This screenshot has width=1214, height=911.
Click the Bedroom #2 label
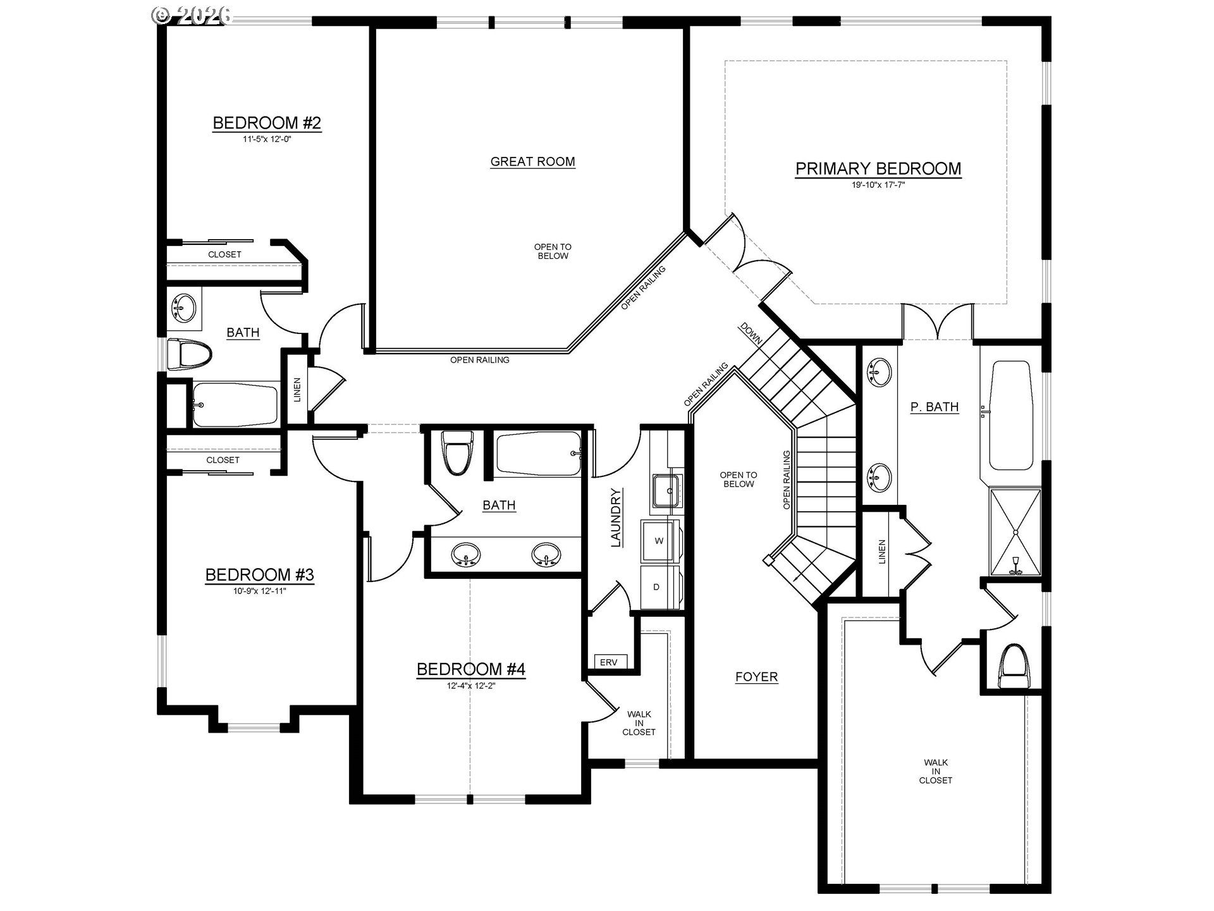point(267,123)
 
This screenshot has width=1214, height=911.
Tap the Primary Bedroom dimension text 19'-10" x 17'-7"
point(878,185)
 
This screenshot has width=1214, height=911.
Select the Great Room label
point(532,161)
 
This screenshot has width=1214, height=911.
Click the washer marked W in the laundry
point(659,541)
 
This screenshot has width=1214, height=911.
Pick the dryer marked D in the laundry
point(656,587)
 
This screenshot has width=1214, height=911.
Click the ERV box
point(609,662)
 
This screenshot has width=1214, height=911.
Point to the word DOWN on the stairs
point(751,333)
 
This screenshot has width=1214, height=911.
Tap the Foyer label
point(756,677)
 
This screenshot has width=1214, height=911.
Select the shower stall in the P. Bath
point(1015,531)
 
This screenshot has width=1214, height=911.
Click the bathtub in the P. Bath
point(1010,414)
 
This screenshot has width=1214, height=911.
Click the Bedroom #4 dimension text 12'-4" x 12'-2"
point(470,685)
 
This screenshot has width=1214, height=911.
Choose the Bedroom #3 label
point(259,575)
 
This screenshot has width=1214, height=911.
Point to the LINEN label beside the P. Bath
point(882,552)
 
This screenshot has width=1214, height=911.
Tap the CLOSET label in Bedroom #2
point(224,254)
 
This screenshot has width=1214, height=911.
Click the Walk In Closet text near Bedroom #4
point(639,723)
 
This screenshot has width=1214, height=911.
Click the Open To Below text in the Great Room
point(553,251)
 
